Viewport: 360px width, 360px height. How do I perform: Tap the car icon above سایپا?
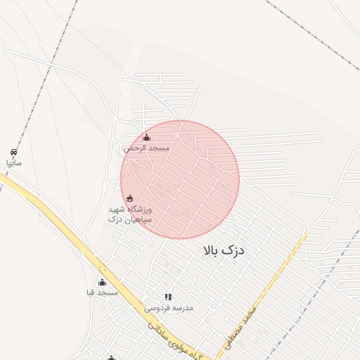click(x=14, y=152)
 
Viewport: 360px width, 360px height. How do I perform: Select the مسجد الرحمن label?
click(x=146, y=148)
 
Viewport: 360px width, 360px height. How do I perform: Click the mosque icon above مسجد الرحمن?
click(x=146, y=138)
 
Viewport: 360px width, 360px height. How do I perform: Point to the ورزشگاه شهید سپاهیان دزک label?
click(x=130, y=215)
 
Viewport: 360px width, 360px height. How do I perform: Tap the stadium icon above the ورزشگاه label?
click(x=129, y=199)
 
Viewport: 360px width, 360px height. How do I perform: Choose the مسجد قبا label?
click(x=102, y=292)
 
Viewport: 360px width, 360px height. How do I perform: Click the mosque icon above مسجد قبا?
click(x=102, y=283)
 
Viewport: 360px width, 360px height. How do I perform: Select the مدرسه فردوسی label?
click(x=168, y=308)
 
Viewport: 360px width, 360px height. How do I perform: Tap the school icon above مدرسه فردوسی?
click(x=168, y=297)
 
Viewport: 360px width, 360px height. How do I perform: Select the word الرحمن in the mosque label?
click(x=136, y=148)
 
